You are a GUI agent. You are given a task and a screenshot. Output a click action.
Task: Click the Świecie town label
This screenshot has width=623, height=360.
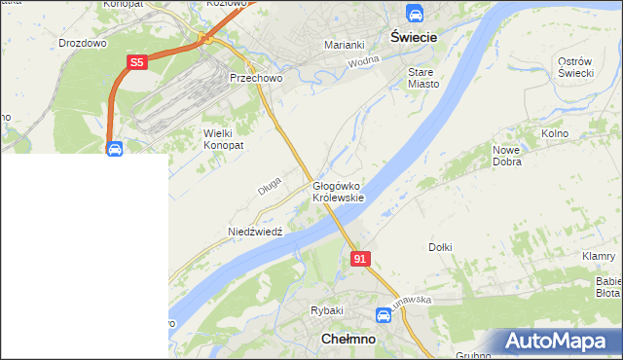point(415,35)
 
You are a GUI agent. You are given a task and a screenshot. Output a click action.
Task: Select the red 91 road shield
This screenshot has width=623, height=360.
point(360,258)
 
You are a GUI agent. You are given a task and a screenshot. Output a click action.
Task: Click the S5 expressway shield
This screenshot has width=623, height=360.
point(137,62)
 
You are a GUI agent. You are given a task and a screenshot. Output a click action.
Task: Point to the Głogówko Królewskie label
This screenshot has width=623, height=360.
point(338,191)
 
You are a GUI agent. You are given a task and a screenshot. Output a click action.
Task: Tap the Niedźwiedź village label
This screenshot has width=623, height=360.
point(254,232)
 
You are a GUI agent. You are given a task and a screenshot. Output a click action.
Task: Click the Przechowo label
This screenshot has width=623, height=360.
point(255,78)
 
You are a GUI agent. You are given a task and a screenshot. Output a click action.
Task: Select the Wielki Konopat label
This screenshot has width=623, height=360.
point(223,138)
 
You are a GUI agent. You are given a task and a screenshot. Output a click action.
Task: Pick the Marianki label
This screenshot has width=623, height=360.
point(344,45)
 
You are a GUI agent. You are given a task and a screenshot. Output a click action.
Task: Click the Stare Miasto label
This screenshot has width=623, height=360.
point(423,78)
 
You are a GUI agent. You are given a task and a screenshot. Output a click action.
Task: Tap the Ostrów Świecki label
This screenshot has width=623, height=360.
point(575,68)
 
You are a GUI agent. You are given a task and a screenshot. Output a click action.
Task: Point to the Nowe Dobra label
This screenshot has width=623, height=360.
point(507,156)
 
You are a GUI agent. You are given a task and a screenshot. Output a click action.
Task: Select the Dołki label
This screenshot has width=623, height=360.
point(440,247)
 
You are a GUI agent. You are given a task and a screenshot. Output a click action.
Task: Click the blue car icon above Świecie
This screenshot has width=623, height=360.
point(415,14)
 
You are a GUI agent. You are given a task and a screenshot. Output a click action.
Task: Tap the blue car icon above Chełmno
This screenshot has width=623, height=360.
point(385,315)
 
